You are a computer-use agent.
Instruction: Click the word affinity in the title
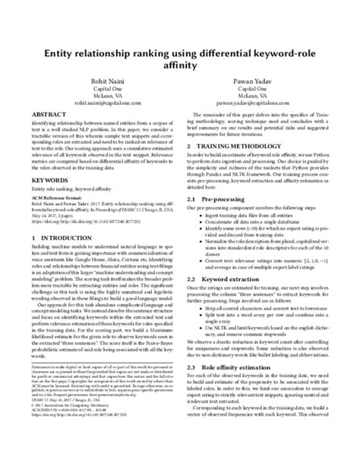[180, 66]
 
